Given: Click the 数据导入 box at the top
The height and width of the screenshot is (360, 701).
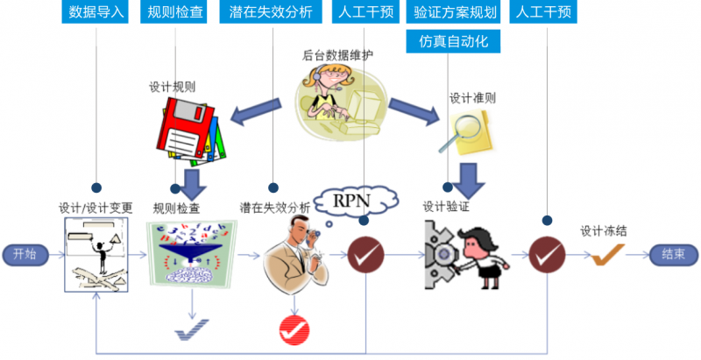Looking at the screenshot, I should (97, 13).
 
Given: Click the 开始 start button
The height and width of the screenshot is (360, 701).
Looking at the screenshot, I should (25, 255).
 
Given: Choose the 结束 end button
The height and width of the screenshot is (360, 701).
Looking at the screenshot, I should (674, 255).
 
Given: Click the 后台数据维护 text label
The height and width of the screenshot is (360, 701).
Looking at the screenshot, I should (338, 56).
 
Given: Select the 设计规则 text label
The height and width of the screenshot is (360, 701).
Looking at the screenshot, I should (172, 88).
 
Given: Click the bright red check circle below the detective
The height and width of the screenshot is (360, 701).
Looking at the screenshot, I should (294, 330).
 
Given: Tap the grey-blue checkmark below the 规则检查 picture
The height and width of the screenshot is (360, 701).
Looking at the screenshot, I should (192, 330).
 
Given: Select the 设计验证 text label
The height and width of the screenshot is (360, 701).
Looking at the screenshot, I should (447, 207).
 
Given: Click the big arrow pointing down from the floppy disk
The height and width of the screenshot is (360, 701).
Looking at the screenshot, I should (189, 181).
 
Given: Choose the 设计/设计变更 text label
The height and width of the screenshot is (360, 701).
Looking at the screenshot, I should (96, 208).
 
